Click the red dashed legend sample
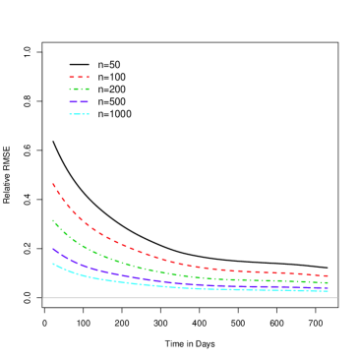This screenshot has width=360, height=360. click(x=79, y=77)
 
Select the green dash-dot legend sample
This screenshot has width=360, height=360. click(x=79, y=90)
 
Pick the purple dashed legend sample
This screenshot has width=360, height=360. click(x=79, y=101)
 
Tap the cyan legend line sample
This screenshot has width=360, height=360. click(x=79, y=114)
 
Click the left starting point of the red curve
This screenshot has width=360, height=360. click(x=53, y=184)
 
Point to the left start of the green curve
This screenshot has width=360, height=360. click(x=53, y=220)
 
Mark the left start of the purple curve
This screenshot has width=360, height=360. click(x=53, y=249)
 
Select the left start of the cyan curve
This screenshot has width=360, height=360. click(x=53, y=264)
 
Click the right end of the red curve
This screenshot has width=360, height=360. click(x=328, y=276)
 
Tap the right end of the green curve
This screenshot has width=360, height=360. click(x=328, y=282)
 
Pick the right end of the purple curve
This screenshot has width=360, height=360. click(x=328, y=288)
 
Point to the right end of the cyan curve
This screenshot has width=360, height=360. click(x=328, y=291)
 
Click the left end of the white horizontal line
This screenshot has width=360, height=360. click(x=43, y=298)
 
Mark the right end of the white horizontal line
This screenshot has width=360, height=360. click(x=336, y=298)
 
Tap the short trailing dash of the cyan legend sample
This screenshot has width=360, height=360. click(x=89, y=114)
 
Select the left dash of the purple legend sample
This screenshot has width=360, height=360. click(x=72, y=101)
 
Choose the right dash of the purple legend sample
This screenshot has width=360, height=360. click(x=84, y=101)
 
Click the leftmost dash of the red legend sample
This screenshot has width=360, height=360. click(x=71, y=77)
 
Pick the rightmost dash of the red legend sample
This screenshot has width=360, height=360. click(x=88, y=77)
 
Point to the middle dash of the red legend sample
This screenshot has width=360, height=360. click(x=79, y=77)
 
